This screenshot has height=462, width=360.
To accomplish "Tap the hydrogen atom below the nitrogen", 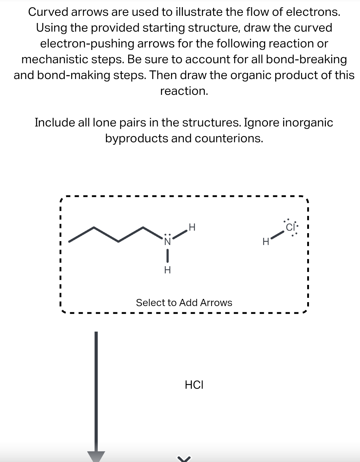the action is pos(167,270).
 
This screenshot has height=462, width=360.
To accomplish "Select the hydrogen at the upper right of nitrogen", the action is pos(192,227).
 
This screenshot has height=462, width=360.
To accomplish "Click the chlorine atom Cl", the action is pos(290,227).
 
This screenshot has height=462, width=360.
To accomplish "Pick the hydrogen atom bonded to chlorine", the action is pos(266,242).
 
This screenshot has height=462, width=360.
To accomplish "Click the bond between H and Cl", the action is pos(277,235).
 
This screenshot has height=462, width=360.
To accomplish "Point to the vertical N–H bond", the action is pos(167,256).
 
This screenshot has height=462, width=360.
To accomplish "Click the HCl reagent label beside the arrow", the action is pos(194,385).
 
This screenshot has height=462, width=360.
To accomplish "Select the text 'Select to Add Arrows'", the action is pos(184,303).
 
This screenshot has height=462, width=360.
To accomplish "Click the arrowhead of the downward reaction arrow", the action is pos(96,456).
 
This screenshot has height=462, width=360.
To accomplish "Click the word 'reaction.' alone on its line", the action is pos(184,91).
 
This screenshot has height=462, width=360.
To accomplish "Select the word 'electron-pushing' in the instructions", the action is pos(87,43).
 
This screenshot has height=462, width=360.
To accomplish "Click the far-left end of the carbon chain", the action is pos(69,241).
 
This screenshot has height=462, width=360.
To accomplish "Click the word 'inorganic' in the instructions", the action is pos(308,123).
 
